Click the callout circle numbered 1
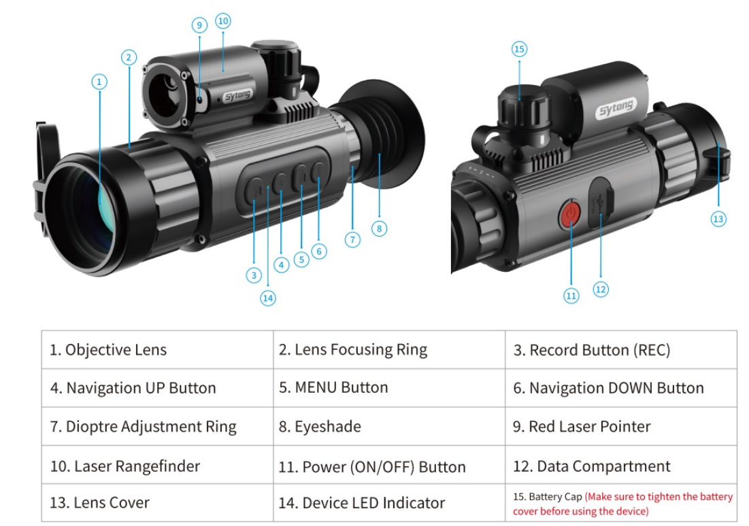pyautogui.click(x=99, y=82)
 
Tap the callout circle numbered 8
pyautogui.click(x=380, y=228)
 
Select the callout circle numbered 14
pyautogui.click(x=268, y=297)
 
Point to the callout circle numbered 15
pyautogui.click(x=520, y=49)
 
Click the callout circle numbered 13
pyautogui.click(x=718, y=219)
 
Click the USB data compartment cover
pyautogui.click(x=600, y=203)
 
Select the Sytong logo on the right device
pyautogui.click(x=615, y=107)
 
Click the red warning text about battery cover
pyautogui.click(x=657, y=504)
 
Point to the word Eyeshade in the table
pyautogui.click(x=328, y=427)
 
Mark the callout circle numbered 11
pyautogui.click(x=571, y=296)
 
